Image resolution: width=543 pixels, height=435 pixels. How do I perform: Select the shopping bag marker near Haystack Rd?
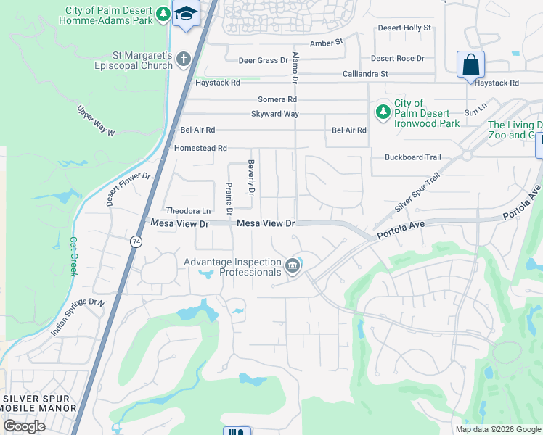click(x=470, y=65)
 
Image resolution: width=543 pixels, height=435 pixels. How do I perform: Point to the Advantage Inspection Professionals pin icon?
click(x=293, y=266)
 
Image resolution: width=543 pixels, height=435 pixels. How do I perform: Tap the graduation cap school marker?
click(x=186, y=14)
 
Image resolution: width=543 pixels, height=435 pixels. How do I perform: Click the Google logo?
click(x=24, y=426)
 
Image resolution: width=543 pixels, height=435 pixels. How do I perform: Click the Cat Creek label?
click(x=73, y=257)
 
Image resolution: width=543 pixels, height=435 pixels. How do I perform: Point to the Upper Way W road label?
click(x=97, y=120)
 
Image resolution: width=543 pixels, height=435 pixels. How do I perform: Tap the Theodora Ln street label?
click(x=187, y=210)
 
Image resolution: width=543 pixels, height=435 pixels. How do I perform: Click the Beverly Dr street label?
click(x=251, y=178)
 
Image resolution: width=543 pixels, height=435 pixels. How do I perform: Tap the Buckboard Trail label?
click(x=412, y=157)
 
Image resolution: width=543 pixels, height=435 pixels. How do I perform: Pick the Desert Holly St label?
click(x=404, y=28)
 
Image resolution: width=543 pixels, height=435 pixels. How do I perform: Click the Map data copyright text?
click(x=497, y=428)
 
